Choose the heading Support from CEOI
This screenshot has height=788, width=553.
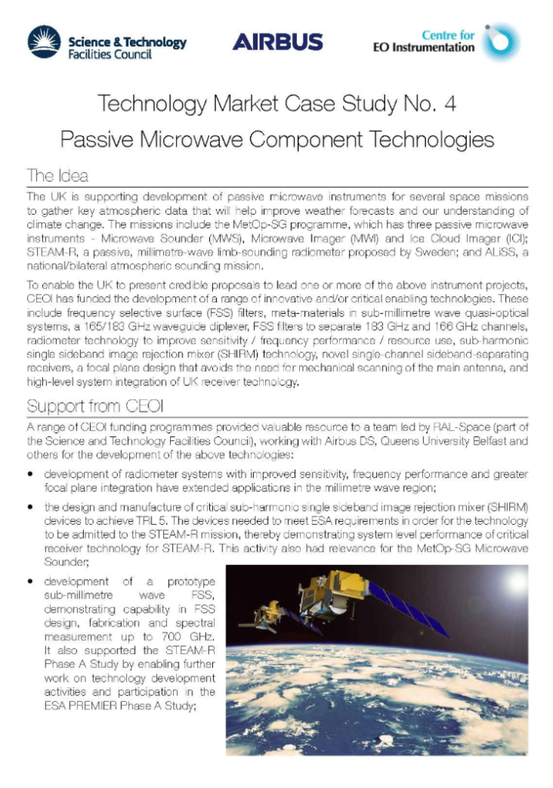[87, 405]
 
